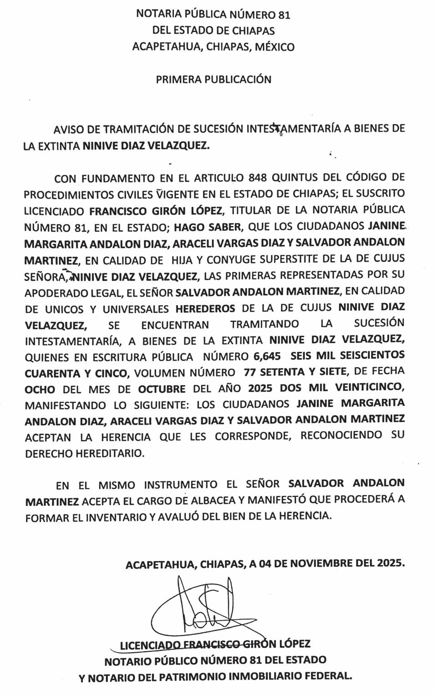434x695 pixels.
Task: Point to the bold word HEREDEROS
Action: pyautogui.click(x=205, y=309)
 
